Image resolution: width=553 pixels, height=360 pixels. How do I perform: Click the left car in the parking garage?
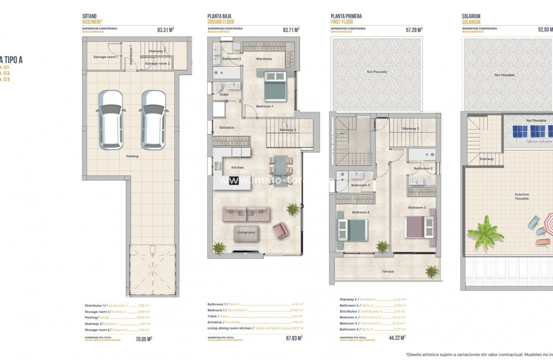111,120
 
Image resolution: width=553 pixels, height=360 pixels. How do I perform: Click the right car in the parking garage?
153,120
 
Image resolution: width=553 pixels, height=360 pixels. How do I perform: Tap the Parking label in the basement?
132,156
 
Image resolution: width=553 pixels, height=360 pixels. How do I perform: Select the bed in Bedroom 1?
275,86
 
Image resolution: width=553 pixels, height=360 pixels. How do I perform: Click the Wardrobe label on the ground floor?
264,59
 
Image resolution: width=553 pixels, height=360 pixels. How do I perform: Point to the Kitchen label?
238,168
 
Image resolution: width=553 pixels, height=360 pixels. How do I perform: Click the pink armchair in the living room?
280,230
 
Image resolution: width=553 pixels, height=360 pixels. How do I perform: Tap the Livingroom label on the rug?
246,232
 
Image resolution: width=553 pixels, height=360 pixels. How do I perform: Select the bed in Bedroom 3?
353,230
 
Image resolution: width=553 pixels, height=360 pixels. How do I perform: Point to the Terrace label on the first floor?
388,272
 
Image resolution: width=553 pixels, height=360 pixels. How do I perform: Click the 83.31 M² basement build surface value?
165,30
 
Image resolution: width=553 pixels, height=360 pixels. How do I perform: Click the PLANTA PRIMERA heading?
346,16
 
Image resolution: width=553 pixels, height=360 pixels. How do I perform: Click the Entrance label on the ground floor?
227,128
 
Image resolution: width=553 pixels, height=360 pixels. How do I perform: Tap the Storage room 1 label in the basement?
105,57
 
